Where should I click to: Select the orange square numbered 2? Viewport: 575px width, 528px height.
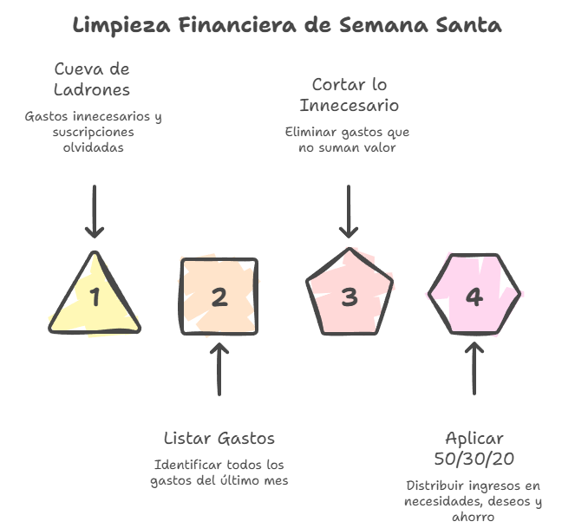click(219, 297)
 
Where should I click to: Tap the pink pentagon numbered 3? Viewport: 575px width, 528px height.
click(349, 297)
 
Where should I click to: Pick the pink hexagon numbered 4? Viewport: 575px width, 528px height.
click(474, 297)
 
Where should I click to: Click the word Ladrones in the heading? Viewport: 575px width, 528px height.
click(92, 89)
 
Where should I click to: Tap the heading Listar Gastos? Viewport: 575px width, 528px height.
click(219, 438)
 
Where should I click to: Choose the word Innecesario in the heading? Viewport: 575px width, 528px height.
click(350, 106)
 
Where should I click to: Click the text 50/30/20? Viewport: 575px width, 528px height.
click(474, 458)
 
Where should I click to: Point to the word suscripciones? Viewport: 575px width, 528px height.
click(93, 132)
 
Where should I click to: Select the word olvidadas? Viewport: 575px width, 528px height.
click(93, 147)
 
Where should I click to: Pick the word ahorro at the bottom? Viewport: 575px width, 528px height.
click(474, 518)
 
